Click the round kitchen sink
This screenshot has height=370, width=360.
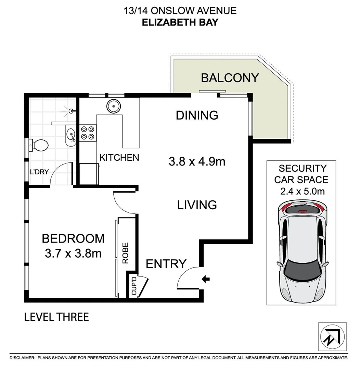pos(113,106)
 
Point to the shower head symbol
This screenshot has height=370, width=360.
pos(71,111)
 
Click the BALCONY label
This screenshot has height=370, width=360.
pos(230,78)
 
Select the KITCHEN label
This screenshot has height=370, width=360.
pos(119,158)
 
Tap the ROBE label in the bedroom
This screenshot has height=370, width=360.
pos(125,253)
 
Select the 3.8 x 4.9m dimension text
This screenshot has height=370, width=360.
pos(197,161)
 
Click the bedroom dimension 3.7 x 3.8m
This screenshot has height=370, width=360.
pos(73,254)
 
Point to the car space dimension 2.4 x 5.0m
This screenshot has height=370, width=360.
pos(301,191)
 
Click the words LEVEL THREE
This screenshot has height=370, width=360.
pos(56,317)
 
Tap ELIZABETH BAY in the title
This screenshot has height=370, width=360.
pos(180,22)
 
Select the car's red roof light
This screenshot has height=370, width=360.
pos(302,211)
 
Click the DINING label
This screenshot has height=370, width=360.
pos(197,115)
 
